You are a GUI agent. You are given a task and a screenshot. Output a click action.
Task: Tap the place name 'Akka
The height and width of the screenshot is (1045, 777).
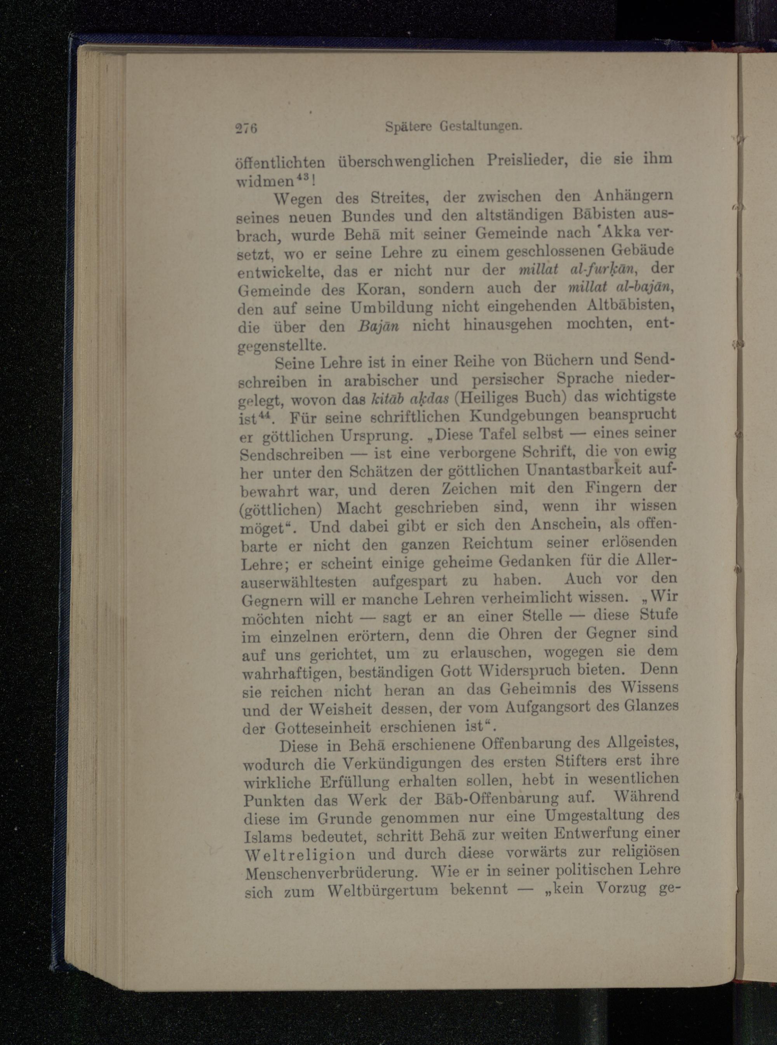[x=618, y=233]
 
